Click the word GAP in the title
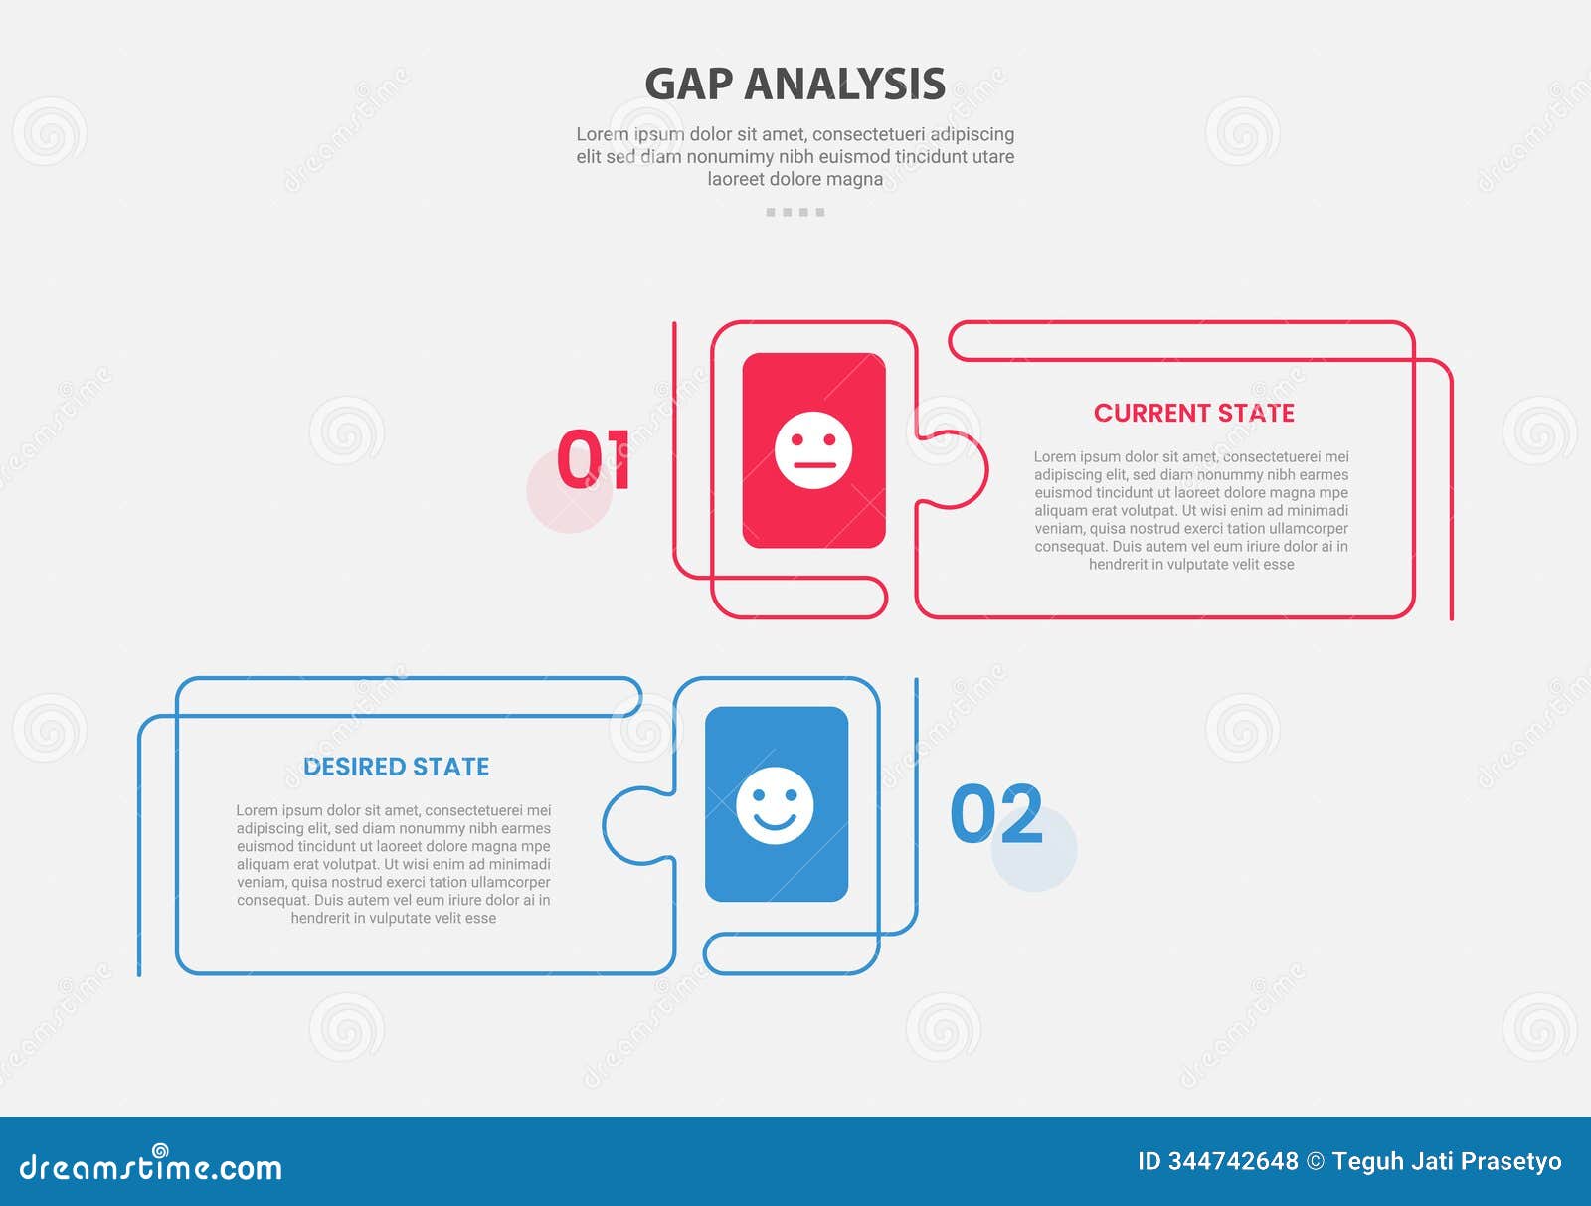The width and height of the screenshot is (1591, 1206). click(x=689, y=85)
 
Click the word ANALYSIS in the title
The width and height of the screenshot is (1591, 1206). click(x=844, y=85)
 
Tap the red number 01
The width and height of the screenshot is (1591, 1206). click(x=593, y=459)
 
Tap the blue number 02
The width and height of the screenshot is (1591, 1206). click(x=995, y=813)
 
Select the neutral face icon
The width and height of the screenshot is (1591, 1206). click(x=813, y=449)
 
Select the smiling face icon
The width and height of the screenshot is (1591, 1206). click(x=775, y=804)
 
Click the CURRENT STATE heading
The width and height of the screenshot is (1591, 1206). click(x=1193, y=413)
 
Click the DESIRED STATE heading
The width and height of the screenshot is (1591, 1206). click(x=396, y=767)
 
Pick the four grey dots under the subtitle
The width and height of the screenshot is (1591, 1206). click(x=795, y=212)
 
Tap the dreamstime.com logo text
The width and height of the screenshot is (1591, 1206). click(x=151, y=1167)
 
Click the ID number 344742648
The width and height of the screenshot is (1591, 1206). click(x=1232, y=1161)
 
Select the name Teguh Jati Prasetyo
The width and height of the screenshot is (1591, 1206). click(x=1447, y=1161)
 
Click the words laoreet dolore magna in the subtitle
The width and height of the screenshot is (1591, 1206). click(x=795, y=179)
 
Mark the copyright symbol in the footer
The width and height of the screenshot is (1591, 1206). click(x=1315, y=1161)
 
